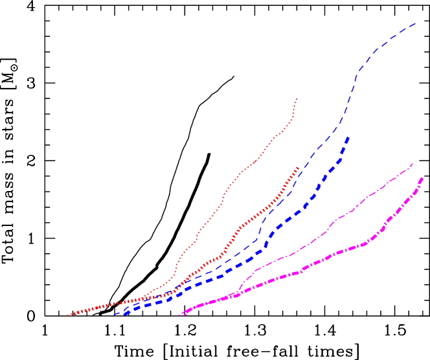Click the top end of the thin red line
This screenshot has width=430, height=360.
point(297,98)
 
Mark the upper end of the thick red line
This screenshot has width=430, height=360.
point(298,168)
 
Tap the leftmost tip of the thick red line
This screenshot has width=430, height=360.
point(68,315)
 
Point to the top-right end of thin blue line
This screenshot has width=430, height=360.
point(416,23)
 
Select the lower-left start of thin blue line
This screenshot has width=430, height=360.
point(114,315)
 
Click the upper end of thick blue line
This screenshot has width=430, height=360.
point(349,137)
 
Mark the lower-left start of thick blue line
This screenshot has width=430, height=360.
point(122,315)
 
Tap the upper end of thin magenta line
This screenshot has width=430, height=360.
point(413,163)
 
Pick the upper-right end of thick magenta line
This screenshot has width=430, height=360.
point(423,177)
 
